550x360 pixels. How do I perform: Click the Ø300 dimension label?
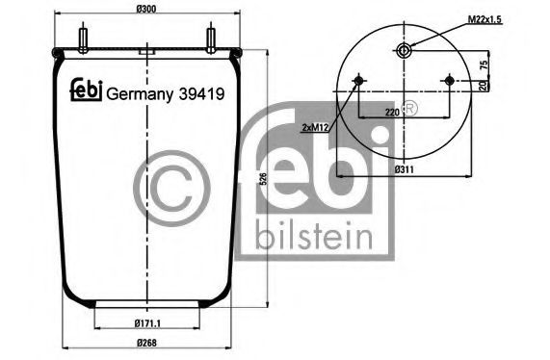click(x=147, y=9)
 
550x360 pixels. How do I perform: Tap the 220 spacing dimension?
click(x=392, y=112)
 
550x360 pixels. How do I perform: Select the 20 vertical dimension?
click(x=485, y=86)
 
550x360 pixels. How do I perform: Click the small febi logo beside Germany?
click(x=85, y=90)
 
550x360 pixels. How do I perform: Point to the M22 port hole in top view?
click(x=405, y=51)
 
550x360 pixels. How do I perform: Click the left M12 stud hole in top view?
click(x=358, y=80)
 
